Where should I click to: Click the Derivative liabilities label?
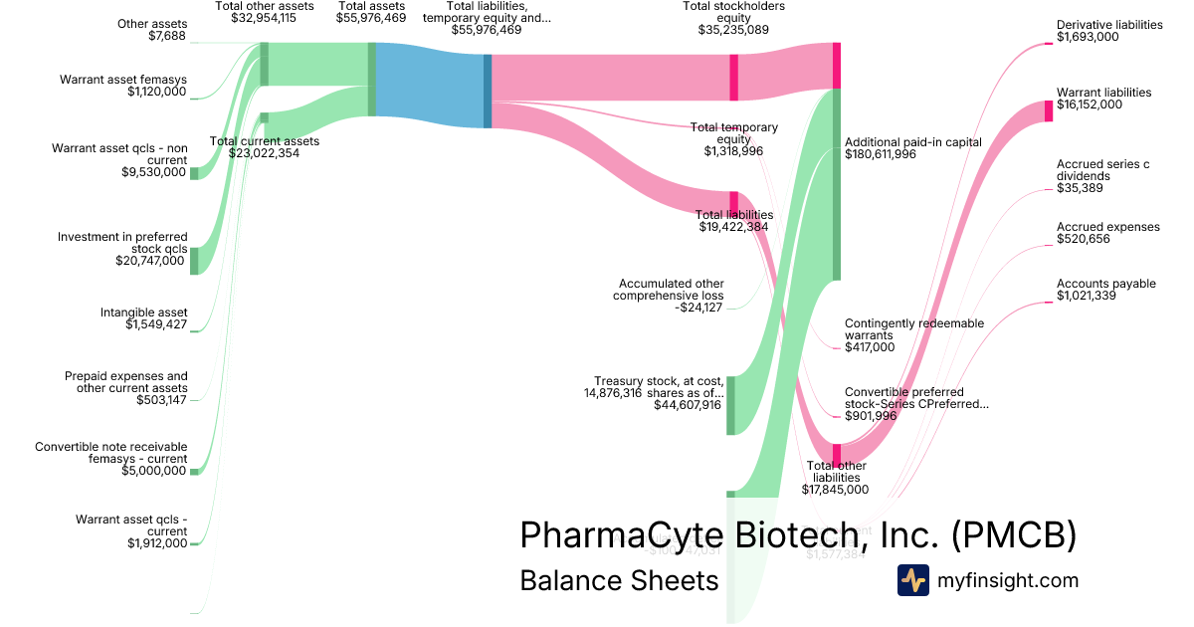pyautogui.click(x=1109, y=25)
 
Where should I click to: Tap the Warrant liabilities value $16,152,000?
pyautogui.click(x=1090, y=104)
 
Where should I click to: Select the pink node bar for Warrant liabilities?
pyautogui.click(x=1049, y=110)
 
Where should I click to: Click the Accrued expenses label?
pyautogui.click(x=1107, y=227)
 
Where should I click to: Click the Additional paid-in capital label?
pyautogui.click(x=912, y=142)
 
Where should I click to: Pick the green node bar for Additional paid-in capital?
pyautogui.click(x=837, y=184)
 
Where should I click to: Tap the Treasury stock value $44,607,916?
pyautogui.click(x=680, y=405)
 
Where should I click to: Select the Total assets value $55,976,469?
pyautogui.click(x=371, y=18)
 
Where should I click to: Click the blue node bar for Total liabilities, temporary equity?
pyautogui.click(x=488, y=91)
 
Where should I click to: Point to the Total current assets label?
pyautogui.click(x=265, y=141)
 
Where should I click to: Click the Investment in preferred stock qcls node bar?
pyautogui.click(x=194, y=260)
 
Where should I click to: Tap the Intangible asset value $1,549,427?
pyautogui.click(x=156, y=324)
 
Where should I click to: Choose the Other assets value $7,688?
pyautogui.click(x=167, y=37)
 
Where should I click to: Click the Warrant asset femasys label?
pyautogui.click(x=122, y=80)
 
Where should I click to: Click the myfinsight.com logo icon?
pyautogui.click(x=912, y=580)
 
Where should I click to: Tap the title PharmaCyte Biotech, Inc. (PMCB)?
pyautogui.click(x=798, y=534)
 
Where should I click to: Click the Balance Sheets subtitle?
pyautogui.click(x=619, y=580)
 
